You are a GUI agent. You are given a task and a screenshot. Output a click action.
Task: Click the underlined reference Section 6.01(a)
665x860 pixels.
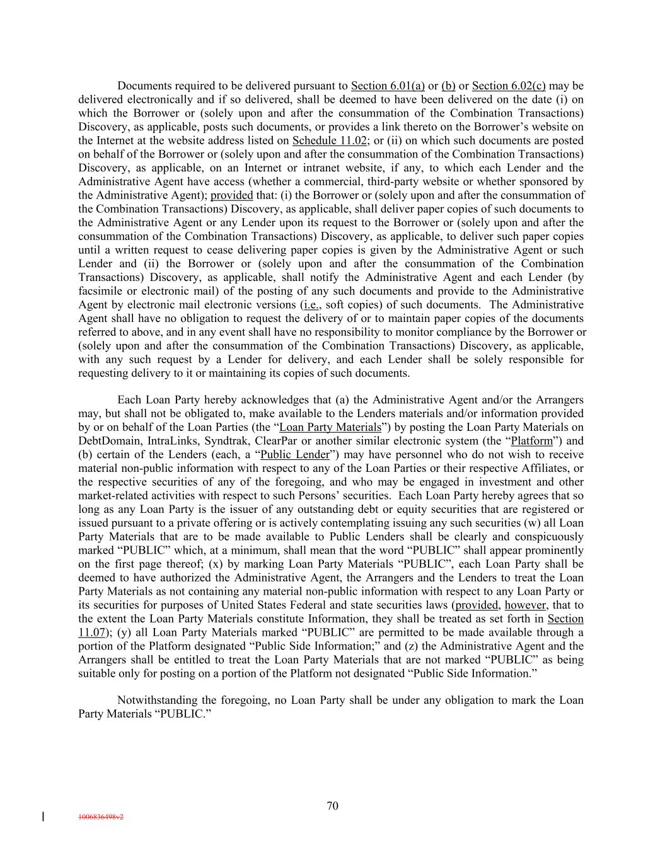pyautogui.click(x=388, y=86)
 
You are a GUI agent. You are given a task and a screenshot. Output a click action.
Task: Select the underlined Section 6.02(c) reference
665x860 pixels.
pyautogui.click(x=509, y=86)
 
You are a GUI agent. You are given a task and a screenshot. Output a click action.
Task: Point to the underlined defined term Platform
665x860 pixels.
pyautogui.click(x=531, y=441)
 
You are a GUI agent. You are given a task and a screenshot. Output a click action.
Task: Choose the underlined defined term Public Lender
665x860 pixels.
pyautogui.click(x=295, y=455)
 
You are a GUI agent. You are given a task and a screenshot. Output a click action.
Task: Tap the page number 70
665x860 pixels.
pyautogui.click(x=333, y=806)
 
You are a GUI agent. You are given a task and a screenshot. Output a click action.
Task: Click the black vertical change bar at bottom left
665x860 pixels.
pyautogui.click(x=43, y=817)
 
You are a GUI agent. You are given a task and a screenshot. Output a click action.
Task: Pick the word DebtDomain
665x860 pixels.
pyautogui.click(x=107, y=441)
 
